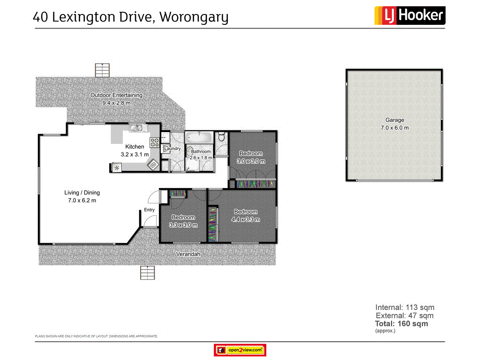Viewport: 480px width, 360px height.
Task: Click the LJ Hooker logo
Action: click(x=409, y=15)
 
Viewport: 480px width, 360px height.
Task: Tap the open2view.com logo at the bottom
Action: click(x=240, y=350)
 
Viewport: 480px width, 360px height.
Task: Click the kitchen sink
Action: click(x=136, y=127)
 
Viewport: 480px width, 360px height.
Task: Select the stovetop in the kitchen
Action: click(x=154, y=142)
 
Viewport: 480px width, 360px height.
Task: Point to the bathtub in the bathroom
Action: click(x=199, y=138)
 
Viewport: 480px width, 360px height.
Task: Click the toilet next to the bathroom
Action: click(x=221, y=137)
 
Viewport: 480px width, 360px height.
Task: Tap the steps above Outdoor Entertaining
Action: click(x=102, y=70)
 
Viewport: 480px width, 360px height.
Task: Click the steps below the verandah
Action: click(x=147, y=272)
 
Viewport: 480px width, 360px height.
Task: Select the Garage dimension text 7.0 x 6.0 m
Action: click(x=394, y=127)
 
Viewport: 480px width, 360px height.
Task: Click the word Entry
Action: click(x=149, y=210)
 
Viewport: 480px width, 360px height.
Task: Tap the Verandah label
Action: click(x=188, y=254)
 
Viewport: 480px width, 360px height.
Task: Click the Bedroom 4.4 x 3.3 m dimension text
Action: click(x=246, y=219)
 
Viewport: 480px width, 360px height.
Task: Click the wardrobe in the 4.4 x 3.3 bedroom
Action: click(x=213, y=225)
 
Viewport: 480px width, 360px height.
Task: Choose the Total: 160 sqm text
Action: click(x=401, y=323)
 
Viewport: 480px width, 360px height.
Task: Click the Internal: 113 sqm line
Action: click(x=405, y=307)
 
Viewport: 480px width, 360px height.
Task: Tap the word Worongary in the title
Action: click(x=194, y=17)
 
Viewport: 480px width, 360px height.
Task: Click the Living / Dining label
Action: click(x=82, y=193)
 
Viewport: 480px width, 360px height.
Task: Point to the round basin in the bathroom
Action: click(x=192, y=152)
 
